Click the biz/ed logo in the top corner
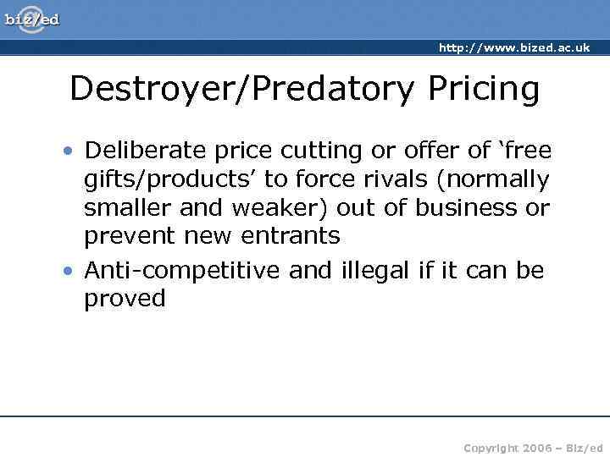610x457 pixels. [31, 19]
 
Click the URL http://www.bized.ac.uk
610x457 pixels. [514, 48]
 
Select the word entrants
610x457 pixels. [291, 236]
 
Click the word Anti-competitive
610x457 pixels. [183, 270]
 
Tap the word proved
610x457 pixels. [125, 299]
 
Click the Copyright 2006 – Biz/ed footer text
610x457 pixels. [534, 447]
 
